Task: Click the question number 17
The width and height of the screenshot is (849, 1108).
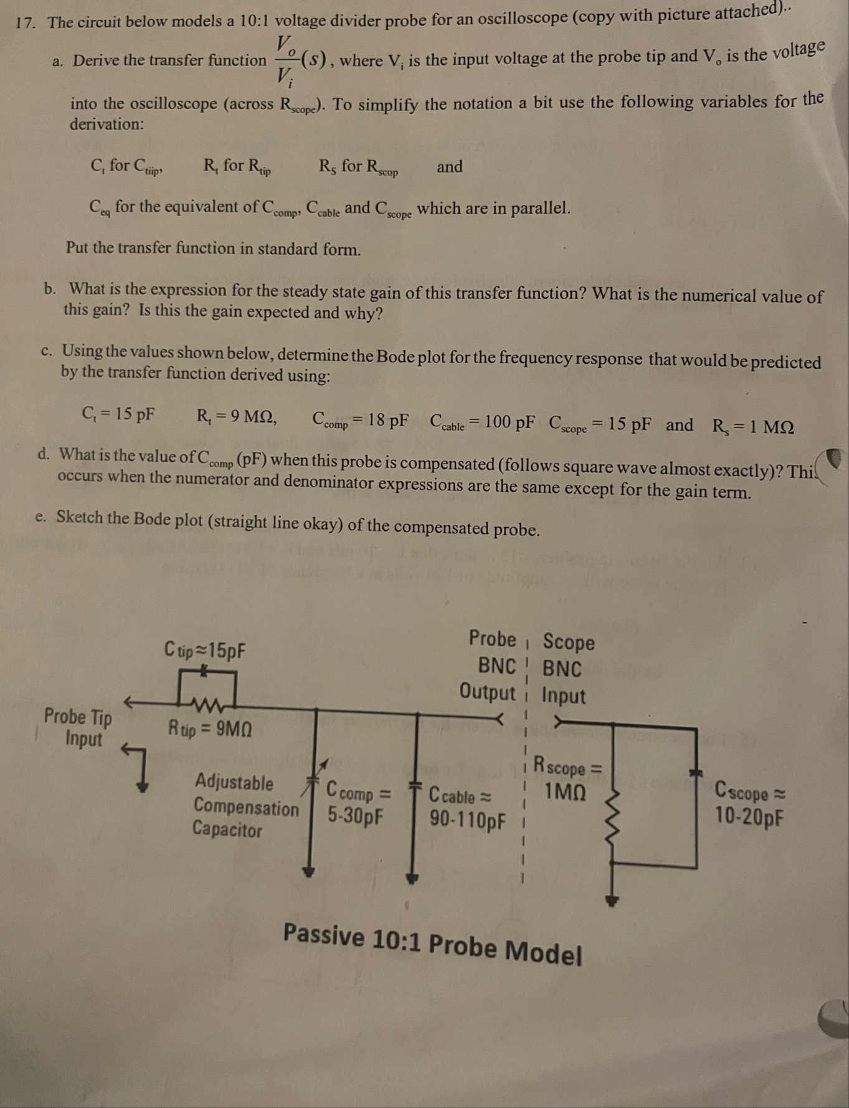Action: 25,23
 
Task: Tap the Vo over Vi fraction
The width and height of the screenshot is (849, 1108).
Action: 285,60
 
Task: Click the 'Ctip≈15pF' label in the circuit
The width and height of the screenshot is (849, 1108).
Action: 205,651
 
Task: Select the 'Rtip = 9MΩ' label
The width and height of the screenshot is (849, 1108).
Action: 210,728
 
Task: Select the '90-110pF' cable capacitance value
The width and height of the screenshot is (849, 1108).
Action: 467,819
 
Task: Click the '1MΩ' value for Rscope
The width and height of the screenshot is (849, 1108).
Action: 565,792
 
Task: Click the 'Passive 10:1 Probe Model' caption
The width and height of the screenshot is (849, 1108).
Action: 432,943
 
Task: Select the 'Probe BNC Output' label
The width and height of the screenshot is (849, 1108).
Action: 490,665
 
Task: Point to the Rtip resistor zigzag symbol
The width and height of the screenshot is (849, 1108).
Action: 207,705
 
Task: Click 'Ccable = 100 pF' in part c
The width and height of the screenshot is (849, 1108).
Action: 482,423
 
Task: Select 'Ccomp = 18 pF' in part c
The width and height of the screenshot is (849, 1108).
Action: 360,421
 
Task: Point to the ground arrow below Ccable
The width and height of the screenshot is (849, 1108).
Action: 412,878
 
